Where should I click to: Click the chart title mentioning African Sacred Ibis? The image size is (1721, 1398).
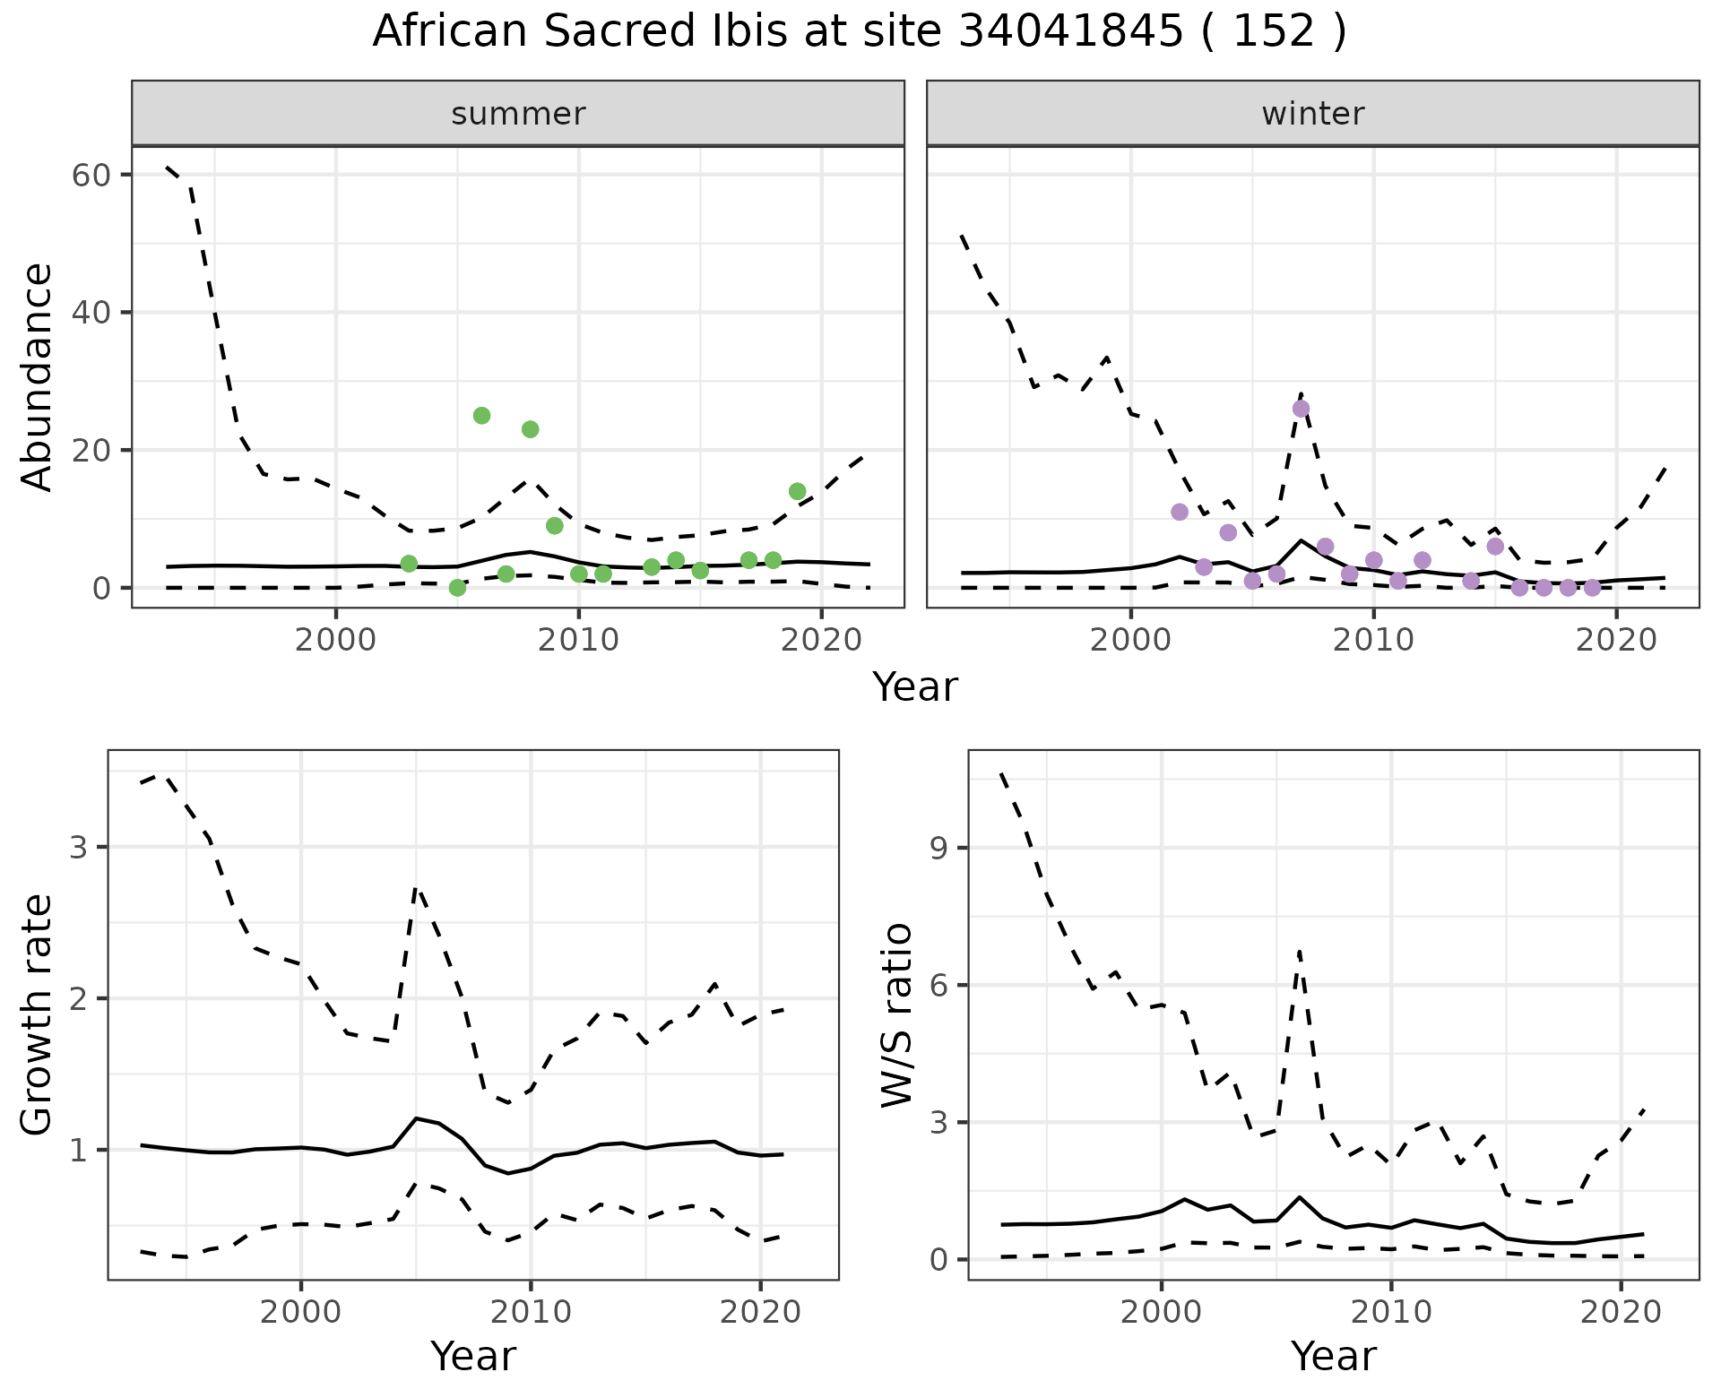[859, 32]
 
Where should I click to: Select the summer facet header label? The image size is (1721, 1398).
[518, 114]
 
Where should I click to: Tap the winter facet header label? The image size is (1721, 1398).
[1312, 114]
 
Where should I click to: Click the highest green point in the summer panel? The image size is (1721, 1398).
[481, 416]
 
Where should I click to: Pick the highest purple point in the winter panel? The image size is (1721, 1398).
[1301, 409]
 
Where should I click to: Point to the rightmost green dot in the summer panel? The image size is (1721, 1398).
[797, 491]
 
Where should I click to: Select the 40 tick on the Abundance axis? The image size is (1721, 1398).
[90, 312]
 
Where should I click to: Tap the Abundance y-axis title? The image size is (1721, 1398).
[38, 376]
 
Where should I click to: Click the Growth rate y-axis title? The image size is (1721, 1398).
[38, 1014]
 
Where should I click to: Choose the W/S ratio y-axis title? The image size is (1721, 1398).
[896, 1014]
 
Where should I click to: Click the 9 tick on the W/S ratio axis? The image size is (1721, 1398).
[938, 848]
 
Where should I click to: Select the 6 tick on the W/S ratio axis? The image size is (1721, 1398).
[938, 985]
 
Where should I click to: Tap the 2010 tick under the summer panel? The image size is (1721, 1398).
[578, 641]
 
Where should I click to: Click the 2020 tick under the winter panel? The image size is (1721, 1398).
[1615, 641]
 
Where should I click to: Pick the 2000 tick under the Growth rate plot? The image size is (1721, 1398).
[300, 1313]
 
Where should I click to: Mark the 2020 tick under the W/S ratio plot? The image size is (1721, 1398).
[1621, 1313]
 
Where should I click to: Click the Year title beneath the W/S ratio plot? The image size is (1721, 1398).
[1333, 1356]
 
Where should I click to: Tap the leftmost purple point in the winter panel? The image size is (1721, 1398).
[1180, 512]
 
